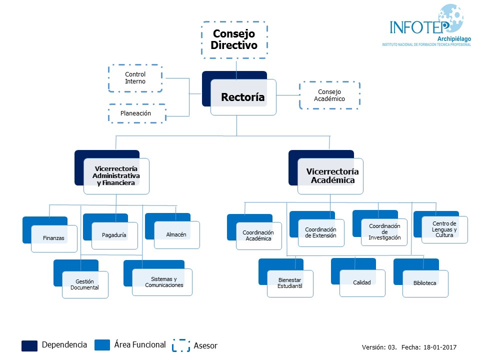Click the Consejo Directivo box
[234, 39]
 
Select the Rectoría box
[243, 97]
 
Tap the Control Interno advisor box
[135, 78]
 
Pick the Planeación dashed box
[135, 113]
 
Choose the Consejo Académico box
[329, 95]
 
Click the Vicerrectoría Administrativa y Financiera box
[116, 176]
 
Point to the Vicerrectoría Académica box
[330, 176]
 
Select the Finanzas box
[54, 238]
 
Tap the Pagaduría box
[114, 235]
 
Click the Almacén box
[176, 234]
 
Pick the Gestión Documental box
[85, 284]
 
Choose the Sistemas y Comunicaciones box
[162, 282]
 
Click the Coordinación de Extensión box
[321, 232]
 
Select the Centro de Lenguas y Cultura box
[444, 229]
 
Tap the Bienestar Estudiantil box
[290, 283]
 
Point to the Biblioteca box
[425, 283]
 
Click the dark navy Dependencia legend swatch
[29, 345]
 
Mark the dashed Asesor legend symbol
[181, 345]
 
